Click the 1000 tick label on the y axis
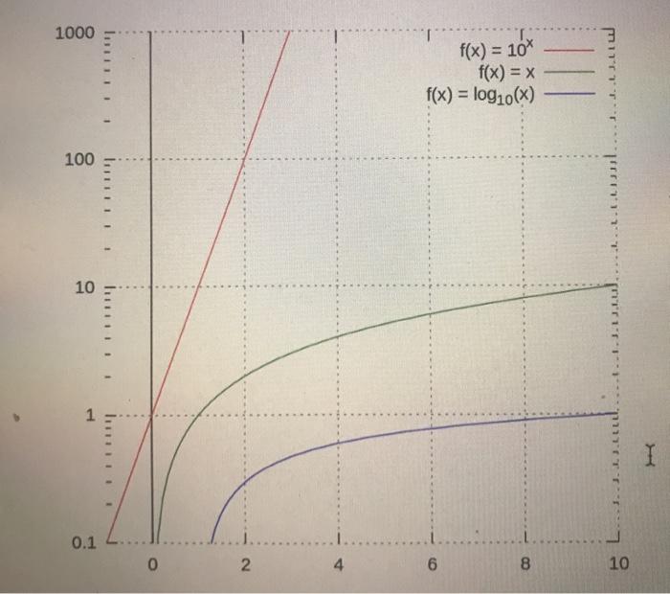(75, 34)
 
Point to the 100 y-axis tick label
(79, 159)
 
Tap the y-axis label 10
(84, 286)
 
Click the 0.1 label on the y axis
(83, 543)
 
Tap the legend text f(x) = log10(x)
(480, 95)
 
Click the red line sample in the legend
(571, 52)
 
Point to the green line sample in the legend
(571, 73)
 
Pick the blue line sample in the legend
(571, 94)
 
